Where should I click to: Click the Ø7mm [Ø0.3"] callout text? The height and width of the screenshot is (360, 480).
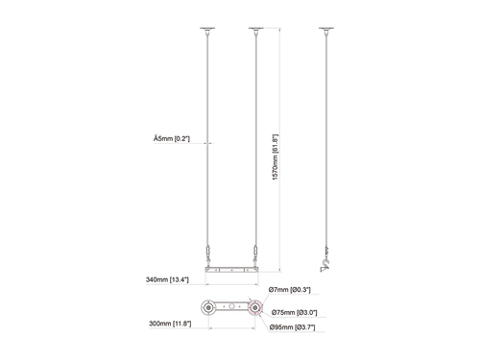tap(290, 289)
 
